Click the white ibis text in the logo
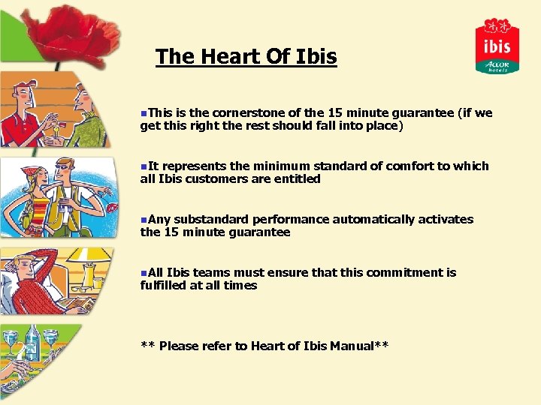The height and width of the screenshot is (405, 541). (497, 46)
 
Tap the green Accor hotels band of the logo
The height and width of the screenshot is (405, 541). (497, 65)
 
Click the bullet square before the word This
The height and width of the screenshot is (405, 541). (144, 112)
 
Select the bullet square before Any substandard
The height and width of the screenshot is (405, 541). (144, 219)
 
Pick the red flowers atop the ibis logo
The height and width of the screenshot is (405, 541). (497, 27)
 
